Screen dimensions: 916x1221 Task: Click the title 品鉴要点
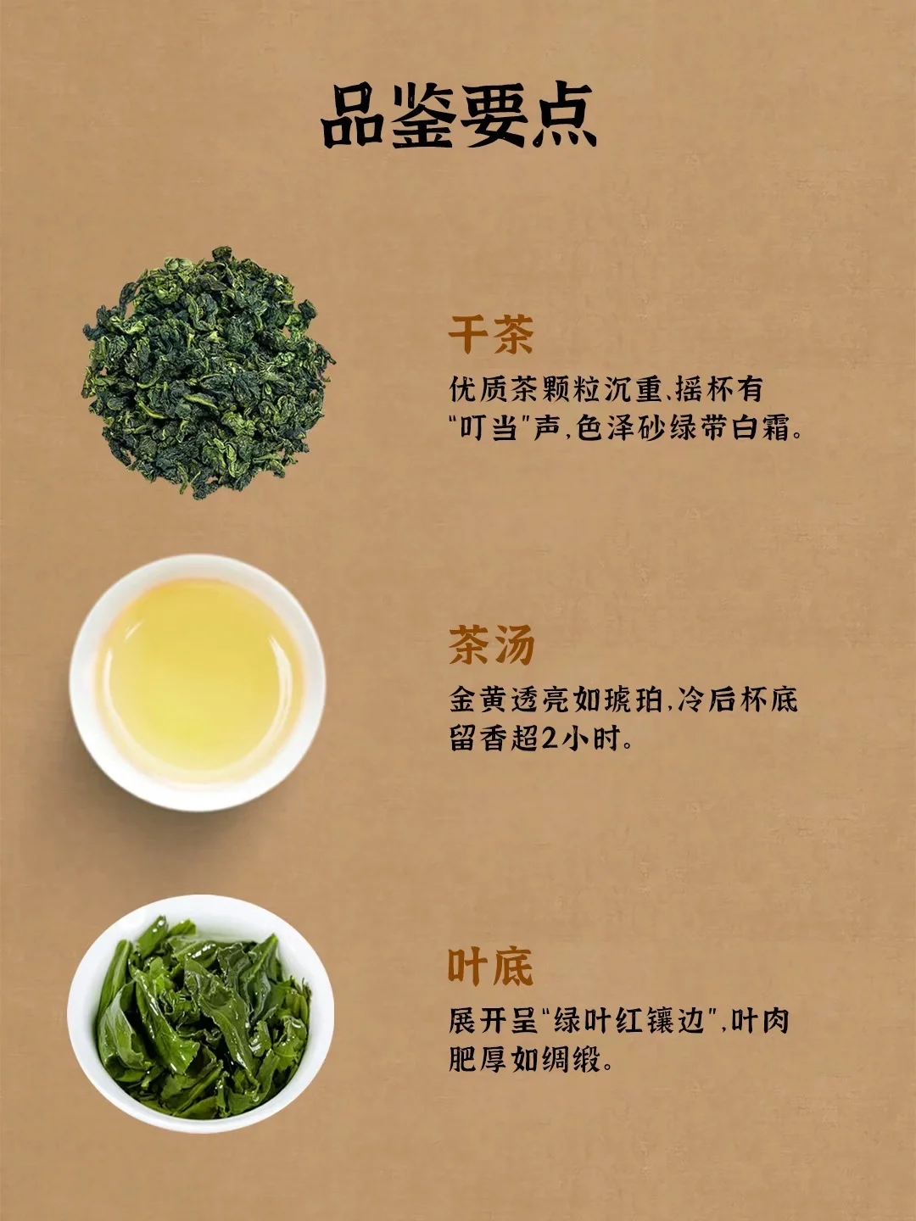[x=460, y=116]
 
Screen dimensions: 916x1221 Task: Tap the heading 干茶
[x=490, y=334]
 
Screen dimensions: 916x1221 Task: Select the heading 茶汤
[x=491, y=644]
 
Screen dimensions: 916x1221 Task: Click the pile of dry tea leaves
[x=207, y=372]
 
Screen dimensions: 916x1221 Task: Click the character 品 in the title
[x=355, y=116]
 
